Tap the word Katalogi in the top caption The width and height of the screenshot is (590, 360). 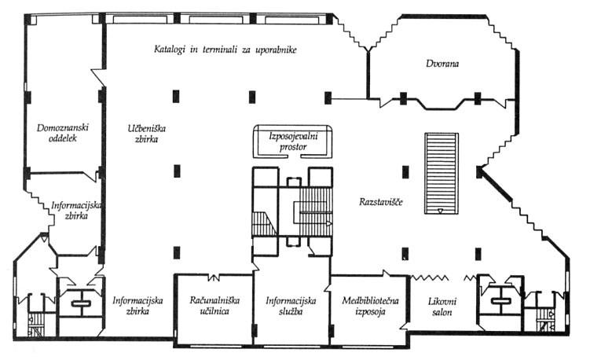173,50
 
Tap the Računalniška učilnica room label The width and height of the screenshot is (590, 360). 214,306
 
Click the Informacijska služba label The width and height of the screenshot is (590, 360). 291,306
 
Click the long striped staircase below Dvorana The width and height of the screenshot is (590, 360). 440,173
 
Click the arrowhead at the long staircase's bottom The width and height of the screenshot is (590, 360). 440,211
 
